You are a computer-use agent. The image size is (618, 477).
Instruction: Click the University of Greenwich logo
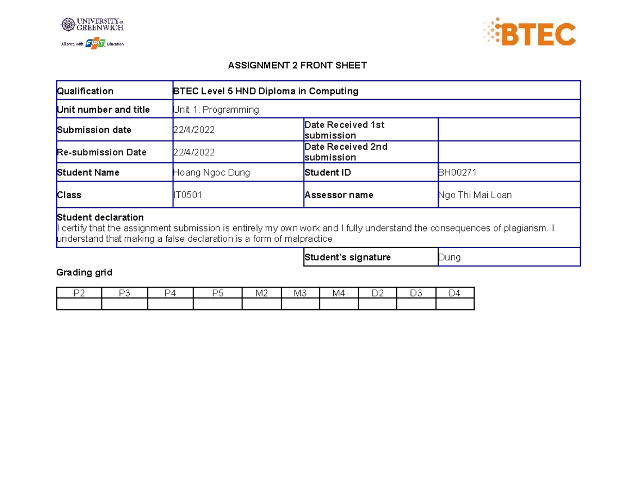click(x=93, y=25)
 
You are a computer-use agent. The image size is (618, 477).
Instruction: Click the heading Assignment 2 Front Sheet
click(x=297, y=65)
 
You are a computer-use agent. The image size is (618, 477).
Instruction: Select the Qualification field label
click(x=85, y=91)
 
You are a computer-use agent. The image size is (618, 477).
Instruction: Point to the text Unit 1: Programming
click(x=216, y=110)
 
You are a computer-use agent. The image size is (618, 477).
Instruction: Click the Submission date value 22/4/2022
click(x=194, y=130)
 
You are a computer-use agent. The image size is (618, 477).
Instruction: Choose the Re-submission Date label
click(x=101, y=152)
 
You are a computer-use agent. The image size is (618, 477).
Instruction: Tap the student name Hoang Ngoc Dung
click(x=211, y=173)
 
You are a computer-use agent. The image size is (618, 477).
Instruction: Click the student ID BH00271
click(x=457, y=173)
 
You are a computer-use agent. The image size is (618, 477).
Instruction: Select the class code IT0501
click(x=187, y=195)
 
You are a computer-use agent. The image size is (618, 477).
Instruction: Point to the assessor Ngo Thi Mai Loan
click(x=474, y=195)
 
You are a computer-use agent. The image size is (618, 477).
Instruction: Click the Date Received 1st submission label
click(x=344, y=130)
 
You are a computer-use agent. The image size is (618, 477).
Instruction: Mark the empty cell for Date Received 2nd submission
click(x=509, y=152)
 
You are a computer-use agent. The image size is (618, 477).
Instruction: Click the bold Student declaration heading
click(x=100, y=217)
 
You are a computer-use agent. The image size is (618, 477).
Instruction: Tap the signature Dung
click(x=449, y=257)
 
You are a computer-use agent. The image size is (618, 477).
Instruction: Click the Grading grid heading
click(x=84, y=273)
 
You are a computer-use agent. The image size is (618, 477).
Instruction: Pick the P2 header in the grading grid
click(x=79, y=293)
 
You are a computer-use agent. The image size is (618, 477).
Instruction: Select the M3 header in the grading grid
click(x=300, y=293)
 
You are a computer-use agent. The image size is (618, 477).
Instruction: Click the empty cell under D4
click(x=454, y=304)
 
